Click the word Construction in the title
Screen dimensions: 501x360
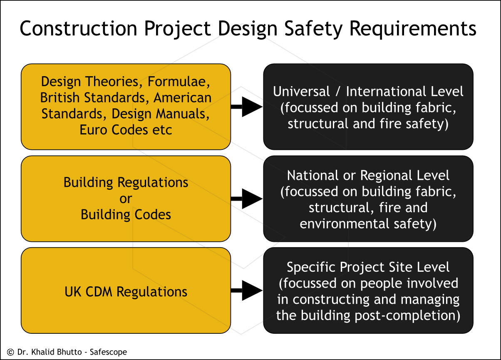coord(78,28)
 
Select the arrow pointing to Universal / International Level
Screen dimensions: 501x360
coord(247,107)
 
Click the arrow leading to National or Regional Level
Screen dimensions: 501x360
coord(247,199)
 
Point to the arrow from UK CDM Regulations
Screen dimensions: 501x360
coord(247,290)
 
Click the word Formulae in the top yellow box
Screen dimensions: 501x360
coord(179,82)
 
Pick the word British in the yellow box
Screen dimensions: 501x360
coord(60,97)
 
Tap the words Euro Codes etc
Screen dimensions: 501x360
coord(126,130)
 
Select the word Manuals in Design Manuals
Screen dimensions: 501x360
coord(182,114)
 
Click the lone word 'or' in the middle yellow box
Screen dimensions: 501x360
coord(126,199)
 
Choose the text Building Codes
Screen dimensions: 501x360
coord(126,215)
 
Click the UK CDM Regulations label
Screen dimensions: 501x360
coord(126,292)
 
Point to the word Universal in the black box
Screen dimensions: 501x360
coord(301,92)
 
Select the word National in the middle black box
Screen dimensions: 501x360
coord(313,175)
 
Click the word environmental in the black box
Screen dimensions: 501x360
coord(345,224)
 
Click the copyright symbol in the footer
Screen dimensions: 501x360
coord(10,352)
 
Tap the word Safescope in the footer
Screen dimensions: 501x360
coord(108,352)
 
